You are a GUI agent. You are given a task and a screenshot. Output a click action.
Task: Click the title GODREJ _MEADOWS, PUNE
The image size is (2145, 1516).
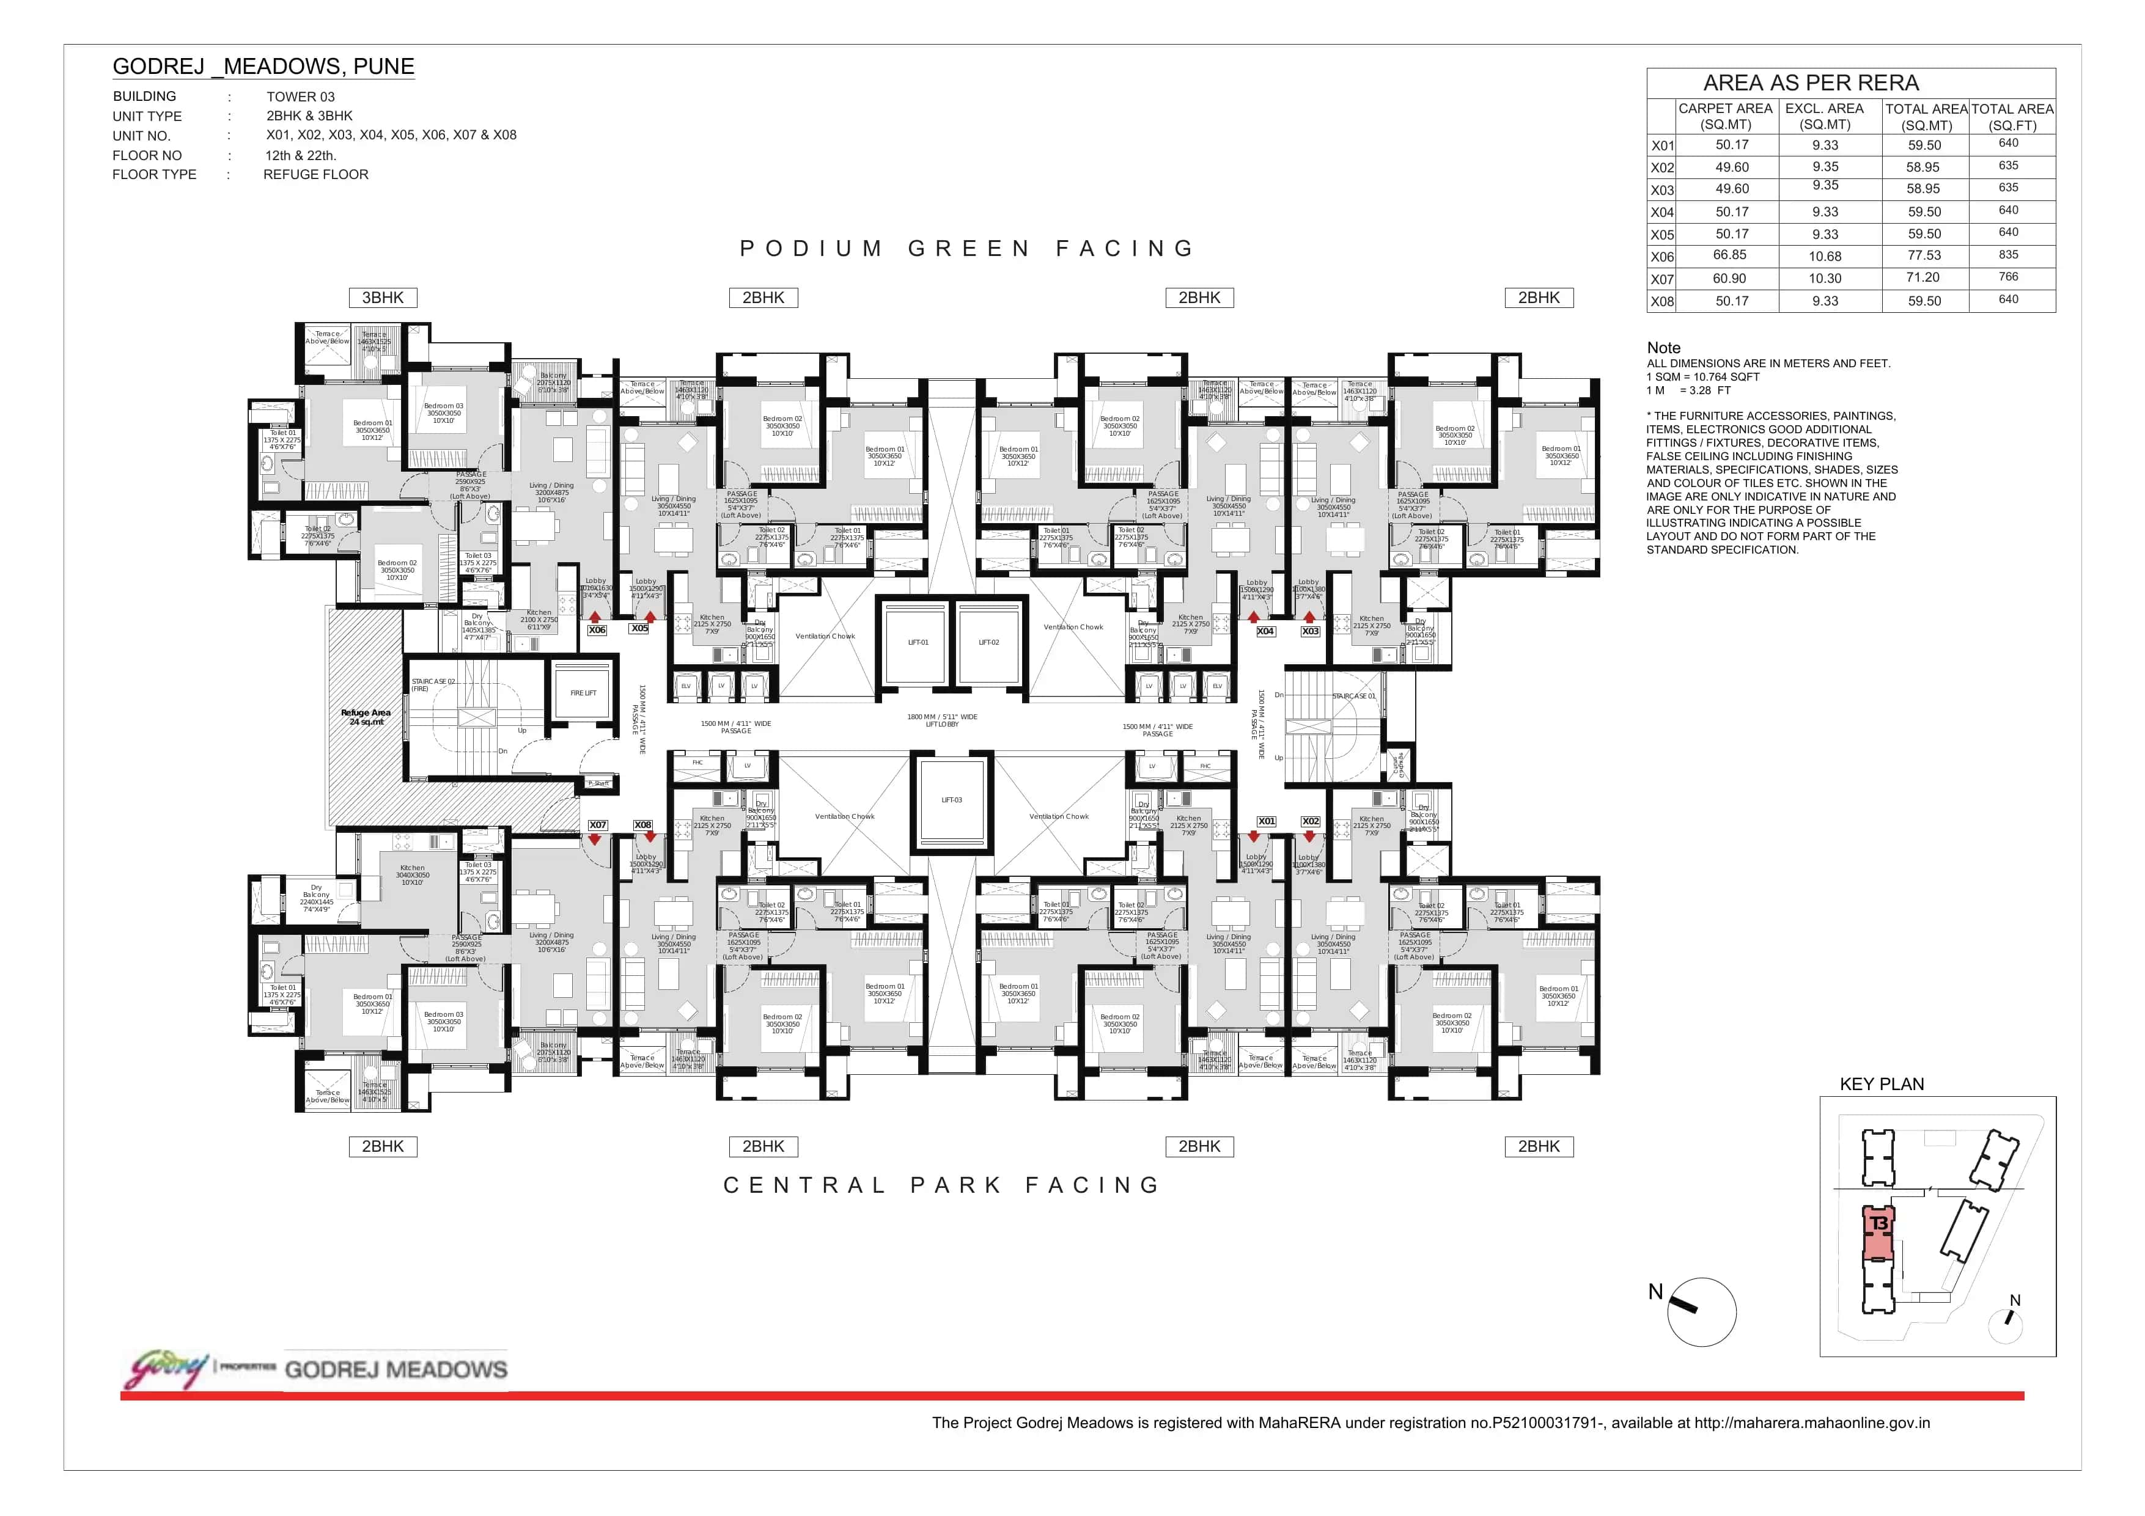(263, 67)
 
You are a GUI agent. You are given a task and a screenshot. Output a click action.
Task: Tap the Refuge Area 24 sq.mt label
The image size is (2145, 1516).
(366, 716)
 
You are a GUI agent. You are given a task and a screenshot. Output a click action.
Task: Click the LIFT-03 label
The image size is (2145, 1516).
(951, 800)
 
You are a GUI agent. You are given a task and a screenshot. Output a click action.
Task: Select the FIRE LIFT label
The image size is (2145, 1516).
(583, 693)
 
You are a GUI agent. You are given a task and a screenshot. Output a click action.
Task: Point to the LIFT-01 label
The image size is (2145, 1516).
(918, 643)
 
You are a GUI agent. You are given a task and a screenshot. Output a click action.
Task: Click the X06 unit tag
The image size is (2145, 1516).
(597, 631)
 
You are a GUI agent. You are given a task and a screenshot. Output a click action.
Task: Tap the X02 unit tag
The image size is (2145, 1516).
(1311, 822)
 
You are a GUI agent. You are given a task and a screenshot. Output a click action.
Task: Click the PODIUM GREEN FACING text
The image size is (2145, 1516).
(967, 249)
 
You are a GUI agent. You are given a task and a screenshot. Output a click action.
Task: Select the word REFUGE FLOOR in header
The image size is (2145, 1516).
(316, 175)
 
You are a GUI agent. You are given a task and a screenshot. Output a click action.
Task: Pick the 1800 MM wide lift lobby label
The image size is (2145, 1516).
(942, 720)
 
